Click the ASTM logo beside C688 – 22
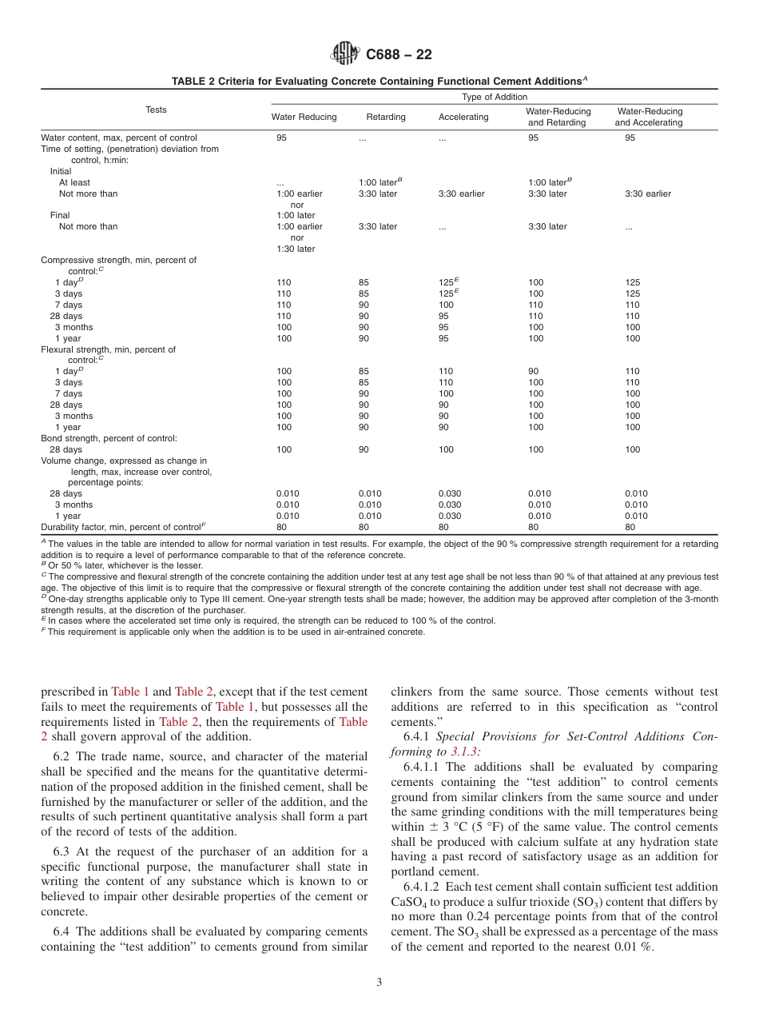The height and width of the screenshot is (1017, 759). coord(345,54)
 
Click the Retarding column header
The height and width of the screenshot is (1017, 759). coord(386,117)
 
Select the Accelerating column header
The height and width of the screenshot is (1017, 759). coord(463,117)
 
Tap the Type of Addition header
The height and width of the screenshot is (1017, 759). coord(495,97)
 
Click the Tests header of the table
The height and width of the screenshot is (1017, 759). coord(156,110)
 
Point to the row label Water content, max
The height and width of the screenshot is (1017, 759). coord(119,138)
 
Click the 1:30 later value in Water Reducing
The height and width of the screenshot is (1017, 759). coord(296,249)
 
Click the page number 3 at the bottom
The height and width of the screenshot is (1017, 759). coord(379,983)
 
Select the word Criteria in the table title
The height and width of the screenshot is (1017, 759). coord(238,82)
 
